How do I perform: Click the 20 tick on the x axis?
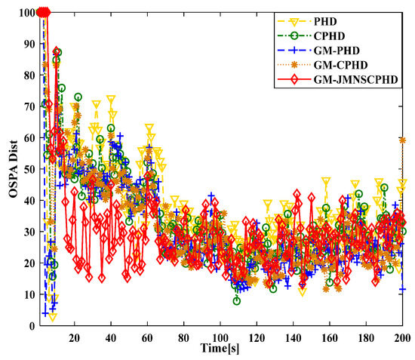74,337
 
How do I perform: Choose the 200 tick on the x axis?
401,337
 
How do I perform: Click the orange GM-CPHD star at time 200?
402,140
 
